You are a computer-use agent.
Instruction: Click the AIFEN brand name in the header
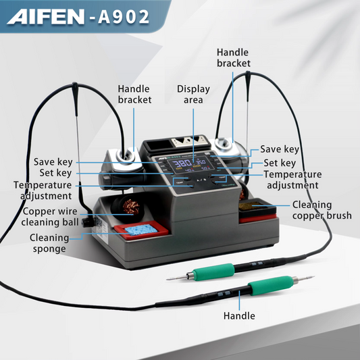[46, 17]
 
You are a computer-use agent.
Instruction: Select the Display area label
[193, 95]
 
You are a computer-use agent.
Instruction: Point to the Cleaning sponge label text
[48, 242]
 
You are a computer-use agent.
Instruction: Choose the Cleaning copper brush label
[322, 210]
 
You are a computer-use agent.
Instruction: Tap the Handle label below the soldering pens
[239, 315]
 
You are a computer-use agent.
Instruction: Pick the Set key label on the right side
[279, 163]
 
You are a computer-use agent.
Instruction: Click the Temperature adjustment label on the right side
[292, 180]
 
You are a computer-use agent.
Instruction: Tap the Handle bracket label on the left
[134, 95]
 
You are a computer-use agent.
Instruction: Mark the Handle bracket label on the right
[234, 57]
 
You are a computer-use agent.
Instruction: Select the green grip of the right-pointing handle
[263, 289]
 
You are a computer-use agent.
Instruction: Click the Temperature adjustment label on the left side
[42, 190]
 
